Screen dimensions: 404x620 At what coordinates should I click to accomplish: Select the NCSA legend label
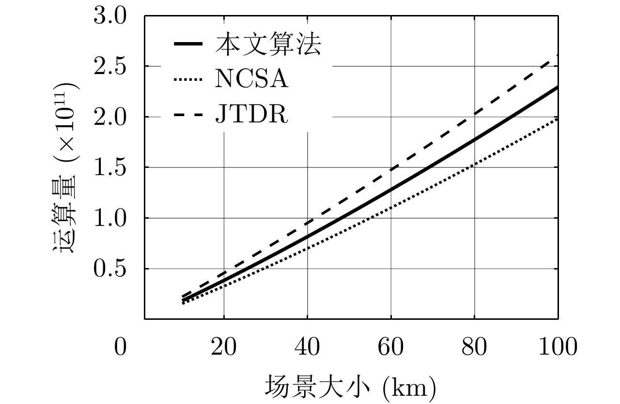click(252, 80)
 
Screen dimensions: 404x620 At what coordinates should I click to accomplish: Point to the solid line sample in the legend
click(188, 45)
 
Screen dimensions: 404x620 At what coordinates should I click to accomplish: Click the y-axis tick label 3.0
click(110, 16)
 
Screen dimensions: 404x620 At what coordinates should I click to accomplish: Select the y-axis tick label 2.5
click(110, 66)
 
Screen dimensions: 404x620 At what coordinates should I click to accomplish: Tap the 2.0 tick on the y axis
click(110, 117)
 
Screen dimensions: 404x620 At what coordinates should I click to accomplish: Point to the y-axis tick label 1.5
click(110, 167)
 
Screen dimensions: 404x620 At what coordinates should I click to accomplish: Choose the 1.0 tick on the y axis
click(110, 218)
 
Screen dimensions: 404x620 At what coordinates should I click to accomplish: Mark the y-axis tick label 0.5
click(110, 269)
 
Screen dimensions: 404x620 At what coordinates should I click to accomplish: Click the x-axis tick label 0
click(120, 347)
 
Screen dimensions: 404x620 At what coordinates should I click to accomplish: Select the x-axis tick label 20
click(224, 347)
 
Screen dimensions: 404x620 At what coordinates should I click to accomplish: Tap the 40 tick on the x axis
click(307, 347)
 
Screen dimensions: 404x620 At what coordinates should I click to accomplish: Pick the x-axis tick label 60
click(391, 347)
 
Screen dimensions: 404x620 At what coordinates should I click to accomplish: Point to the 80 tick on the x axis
click(474, 347)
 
